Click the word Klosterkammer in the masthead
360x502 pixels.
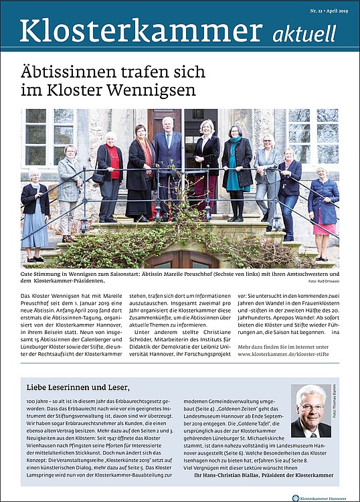tap(141, 31)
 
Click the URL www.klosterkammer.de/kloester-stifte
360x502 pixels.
tap(288, 354)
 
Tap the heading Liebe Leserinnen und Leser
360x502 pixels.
tap(78, 387)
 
